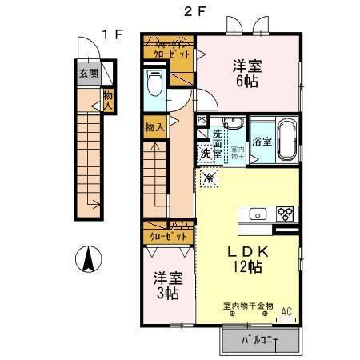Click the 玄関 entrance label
pyautogui.click(x=88, y=74)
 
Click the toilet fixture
pyautogui.click(x=155, y=85)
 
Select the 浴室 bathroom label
pyautogui.click(x=260, y=141)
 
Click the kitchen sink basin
pyautogui.click(x=258, y=214)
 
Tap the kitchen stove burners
pyautogui.click(x=285, y=214)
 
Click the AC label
pyautogui.click(x=286, y=312)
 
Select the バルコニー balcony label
pyautogui.click(x=260, y=343)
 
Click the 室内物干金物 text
pyautogui.click(x=248, y=305)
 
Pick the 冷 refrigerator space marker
pyautogui.click(x=208, y=178)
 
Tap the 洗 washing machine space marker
pyautogui.click(x=206, y=152)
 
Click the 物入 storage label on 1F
pyautogui.click(x=107, y=98)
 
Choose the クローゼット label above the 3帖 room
pyautogui.click(x=169, y=236)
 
